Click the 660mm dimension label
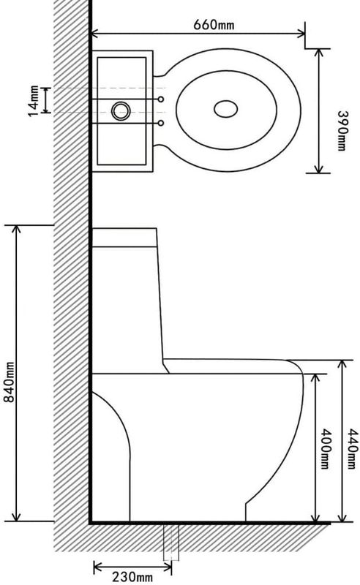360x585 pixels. (214, 25)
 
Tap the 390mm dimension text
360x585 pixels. (342, 131)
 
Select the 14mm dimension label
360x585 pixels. (34, 101)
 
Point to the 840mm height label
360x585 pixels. (9, 382)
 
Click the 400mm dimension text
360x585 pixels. (326, 449)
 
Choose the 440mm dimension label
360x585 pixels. (353, 449)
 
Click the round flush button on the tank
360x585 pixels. (121, 111)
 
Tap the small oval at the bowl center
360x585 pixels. (225, 109)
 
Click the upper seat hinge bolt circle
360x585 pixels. (161, 99)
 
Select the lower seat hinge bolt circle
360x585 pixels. (161, 123)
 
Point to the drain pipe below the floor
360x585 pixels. (171, 543)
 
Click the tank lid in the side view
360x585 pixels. (124, 237)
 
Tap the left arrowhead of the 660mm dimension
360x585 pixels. (95, 34)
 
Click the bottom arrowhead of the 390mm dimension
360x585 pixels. (318, 169)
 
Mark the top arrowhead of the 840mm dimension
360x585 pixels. (16, 230)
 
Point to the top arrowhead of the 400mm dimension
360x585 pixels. (316, 378)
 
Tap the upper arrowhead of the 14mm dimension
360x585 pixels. (46, 90)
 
